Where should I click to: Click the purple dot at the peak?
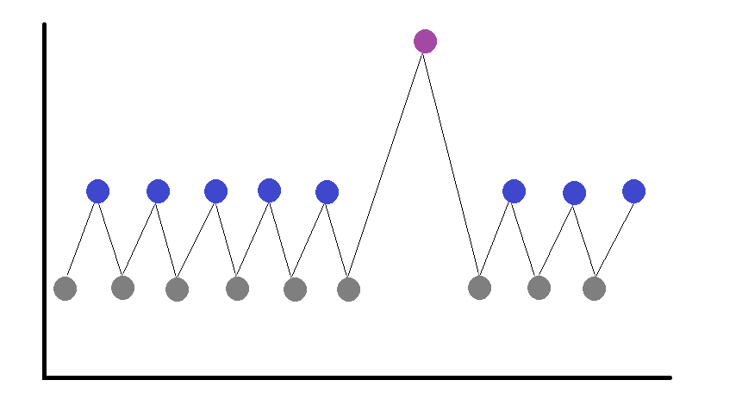coord(425,40)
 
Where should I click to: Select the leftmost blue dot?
coord(98,191)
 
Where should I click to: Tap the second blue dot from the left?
coord(158,191)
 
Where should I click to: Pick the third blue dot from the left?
coord(215,191)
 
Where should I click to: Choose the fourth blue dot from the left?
coord(269,190)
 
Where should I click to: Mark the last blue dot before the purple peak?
coord(327,192)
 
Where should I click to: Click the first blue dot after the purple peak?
coord(514,191)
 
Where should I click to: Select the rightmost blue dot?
coord(633,191)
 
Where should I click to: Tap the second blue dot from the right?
coord(574,193)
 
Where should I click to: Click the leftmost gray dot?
coord(65,289)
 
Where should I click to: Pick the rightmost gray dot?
coord(594,289)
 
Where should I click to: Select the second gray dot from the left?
coord(123,287)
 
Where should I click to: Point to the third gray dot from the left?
coord(177,290)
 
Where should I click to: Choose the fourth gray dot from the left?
coord(238,289)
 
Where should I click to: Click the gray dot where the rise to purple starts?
coord(348,290)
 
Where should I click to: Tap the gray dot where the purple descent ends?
coord(480,288)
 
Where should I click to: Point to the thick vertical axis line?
coord(44,198)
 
